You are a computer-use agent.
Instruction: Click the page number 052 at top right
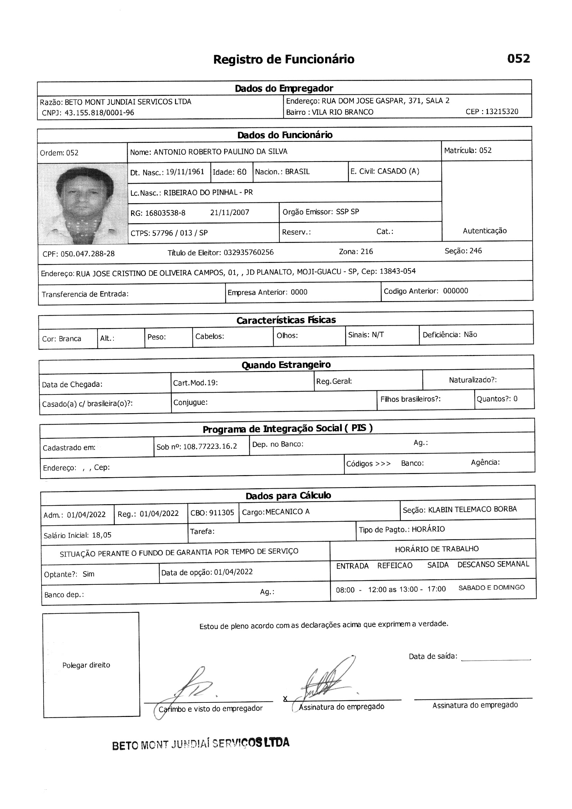[518, 58]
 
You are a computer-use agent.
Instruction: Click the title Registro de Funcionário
[284, 59]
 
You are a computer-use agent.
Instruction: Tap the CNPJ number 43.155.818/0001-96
[99, 113]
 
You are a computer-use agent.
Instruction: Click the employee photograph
[83, 204]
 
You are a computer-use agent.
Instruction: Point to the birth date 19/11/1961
[185, 172]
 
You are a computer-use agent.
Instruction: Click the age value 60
[242, 172]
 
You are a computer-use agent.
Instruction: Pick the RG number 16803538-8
[165, 213]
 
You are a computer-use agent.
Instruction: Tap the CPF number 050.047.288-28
[88, 254]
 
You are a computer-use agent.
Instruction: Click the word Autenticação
[485, 231]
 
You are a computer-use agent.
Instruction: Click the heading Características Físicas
[286, 320]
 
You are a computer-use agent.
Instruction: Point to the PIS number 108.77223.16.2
[210, 446]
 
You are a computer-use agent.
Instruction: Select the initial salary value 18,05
[102, 535]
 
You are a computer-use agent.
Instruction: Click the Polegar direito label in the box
[86, 665]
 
